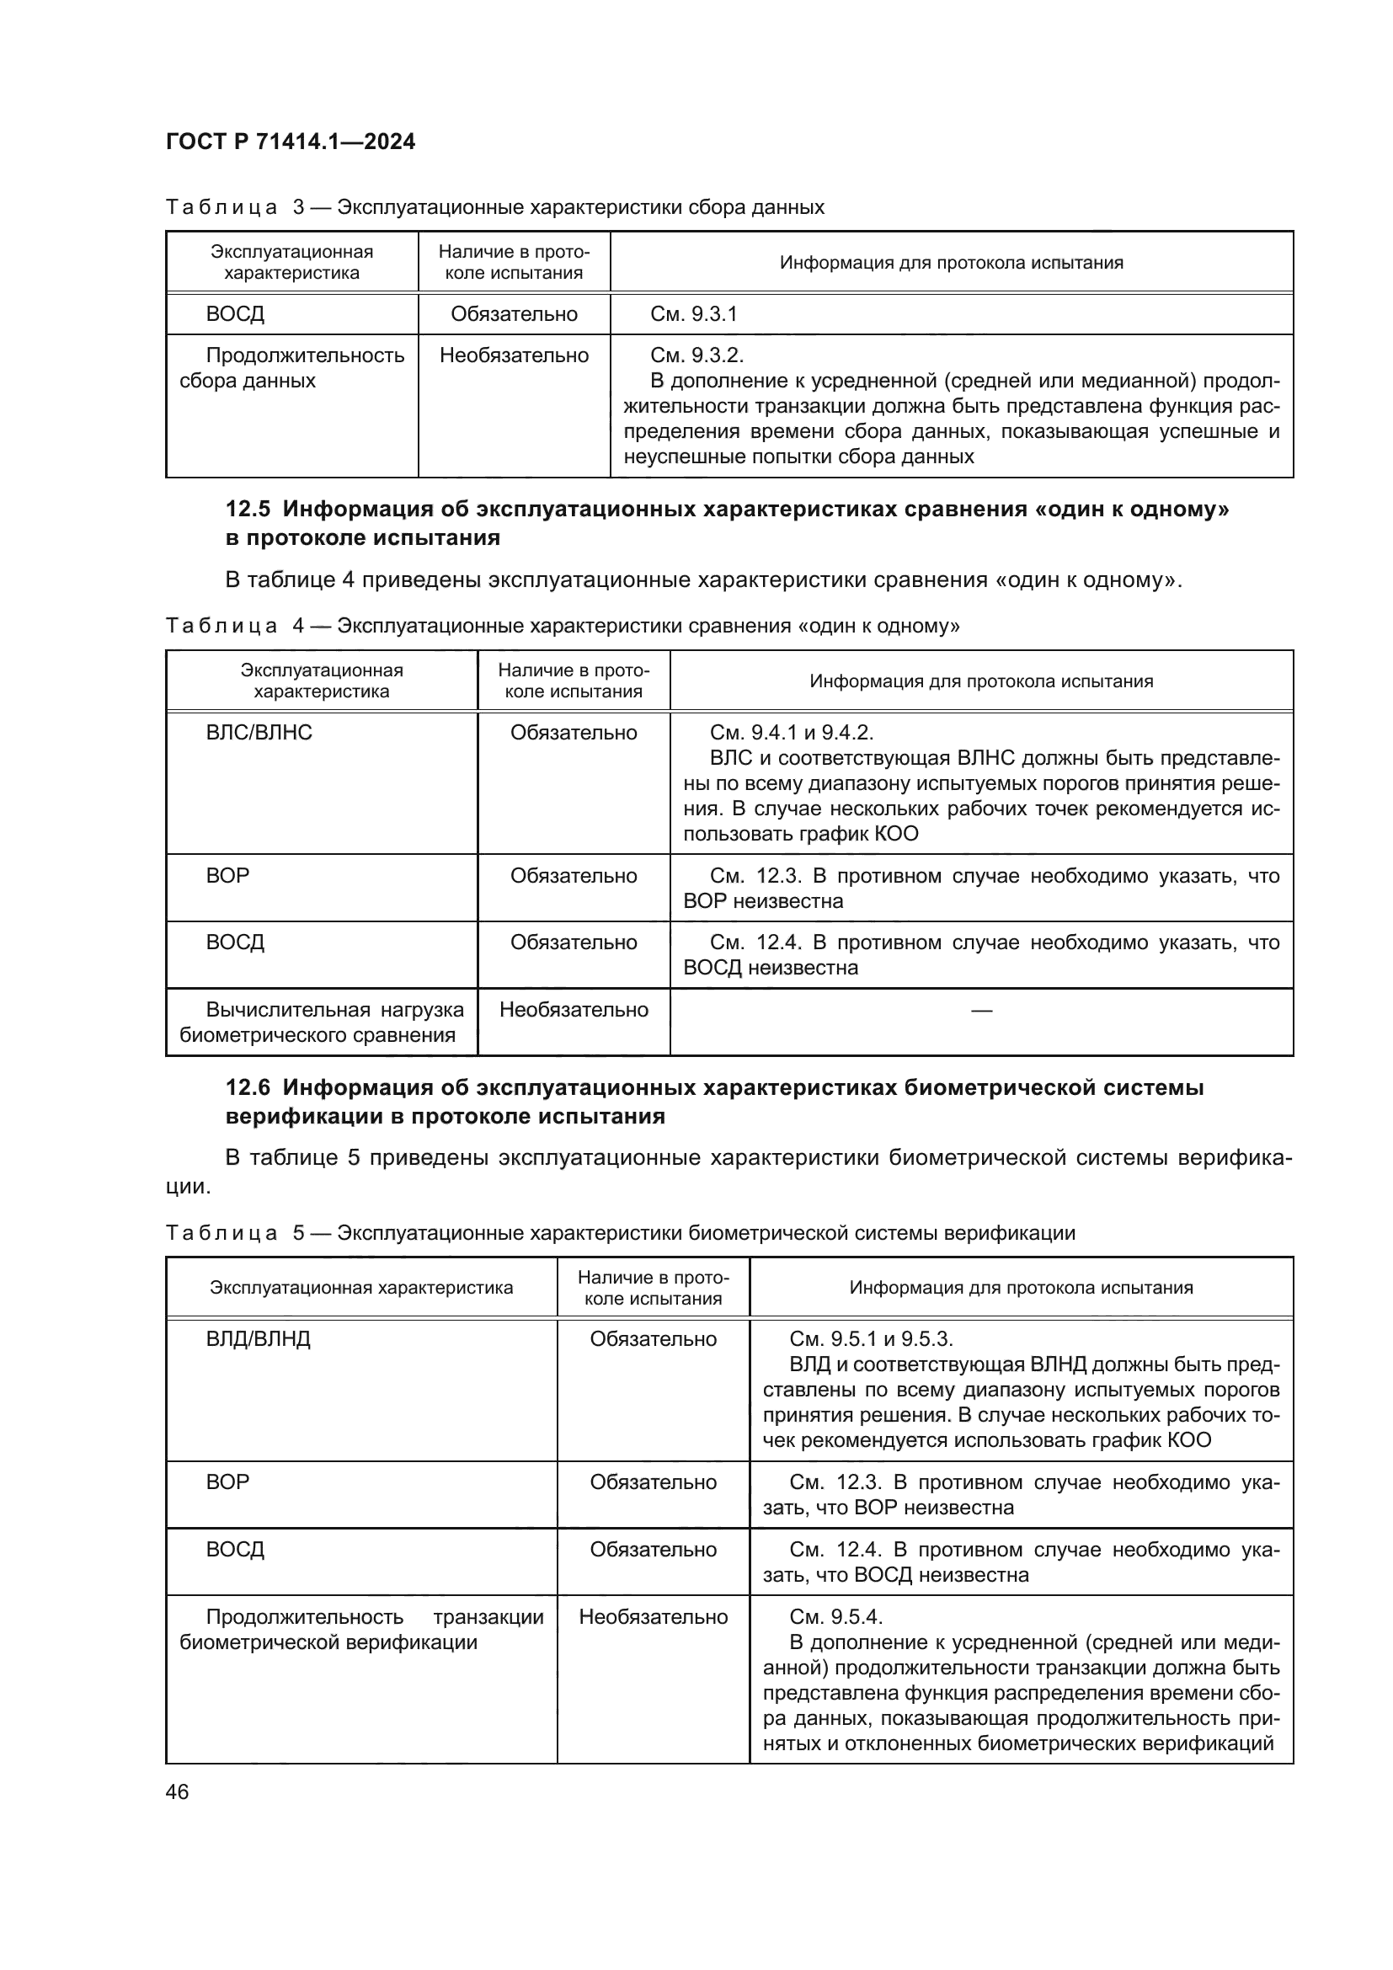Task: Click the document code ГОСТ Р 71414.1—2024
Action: tap(290, 141)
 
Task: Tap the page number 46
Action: tap(178, 1791)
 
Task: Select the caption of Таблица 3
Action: tap(495, 207)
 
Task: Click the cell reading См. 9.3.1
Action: tap(693, 314)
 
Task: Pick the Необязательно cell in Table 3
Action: tap(514, 355)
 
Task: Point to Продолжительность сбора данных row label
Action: tap(291, 368)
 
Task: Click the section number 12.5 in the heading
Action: tap(248, 509)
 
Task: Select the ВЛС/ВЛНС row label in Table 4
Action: tap(259, 733)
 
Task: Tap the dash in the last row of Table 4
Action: tap(980, 1010)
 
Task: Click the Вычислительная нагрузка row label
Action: tap(322, 1022)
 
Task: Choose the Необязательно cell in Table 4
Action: tap(573, 1010)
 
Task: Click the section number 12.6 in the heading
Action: tap(248, 1087)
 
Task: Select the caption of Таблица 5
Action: tap(619, 1233)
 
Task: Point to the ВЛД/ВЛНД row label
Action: tap(258, 1339)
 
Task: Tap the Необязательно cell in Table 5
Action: tap(653, 1617)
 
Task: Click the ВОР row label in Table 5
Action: tap(227, 1482)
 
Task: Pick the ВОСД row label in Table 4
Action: tap(235, 943)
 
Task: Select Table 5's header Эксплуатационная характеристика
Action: tap(361, 1288)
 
